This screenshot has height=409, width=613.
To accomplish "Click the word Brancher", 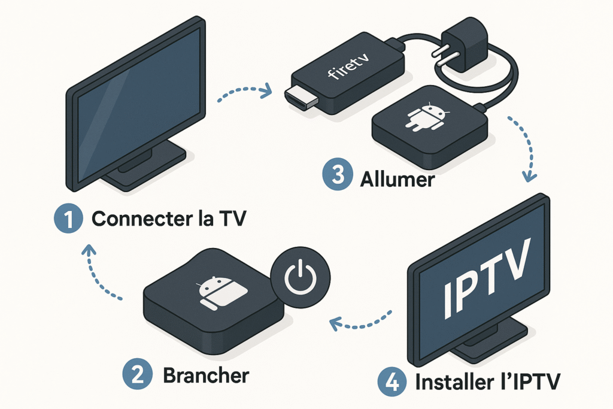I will tap(205, 375).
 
